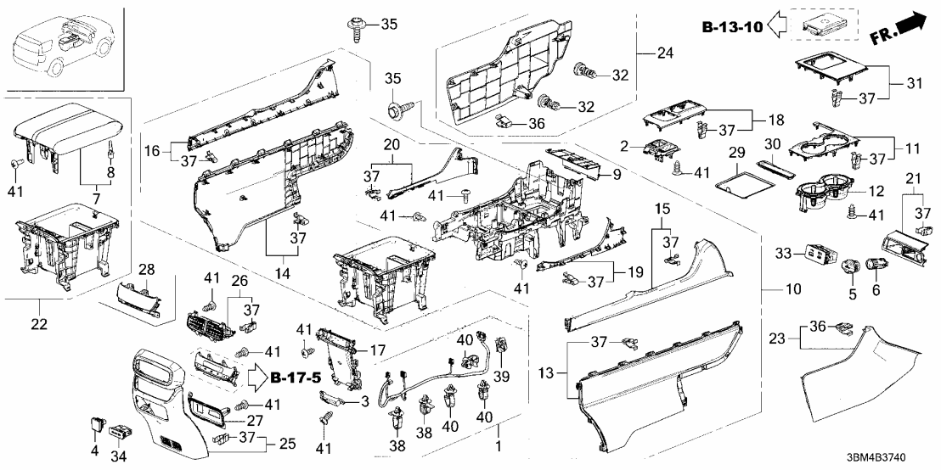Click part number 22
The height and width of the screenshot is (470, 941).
click(x=41, y=324)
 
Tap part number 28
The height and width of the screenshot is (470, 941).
click(x=147, y=270)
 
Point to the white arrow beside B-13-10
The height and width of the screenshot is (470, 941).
click(x=775, y=27)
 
